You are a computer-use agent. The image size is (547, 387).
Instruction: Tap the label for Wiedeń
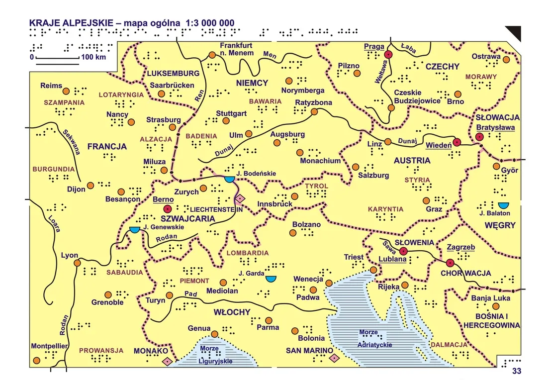[x=438, y=145]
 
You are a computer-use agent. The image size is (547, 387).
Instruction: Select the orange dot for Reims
[x=66, y=92]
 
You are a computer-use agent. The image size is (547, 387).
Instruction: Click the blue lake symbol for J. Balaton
[x=503, y=205]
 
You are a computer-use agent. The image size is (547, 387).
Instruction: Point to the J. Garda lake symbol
[x=271, y=279]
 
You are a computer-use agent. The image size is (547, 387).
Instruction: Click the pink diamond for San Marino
[x=334, y=358]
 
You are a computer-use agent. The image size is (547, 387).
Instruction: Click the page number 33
[x=516, y=371]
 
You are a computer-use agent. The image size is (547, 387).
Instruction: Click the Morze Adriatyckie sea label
[x=374, y=338]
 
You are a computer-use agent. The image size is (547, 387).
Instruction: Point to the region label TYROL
[x=317, y=186]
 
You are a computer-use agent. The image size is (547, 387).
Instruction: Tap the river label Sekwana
[x=72, y=141]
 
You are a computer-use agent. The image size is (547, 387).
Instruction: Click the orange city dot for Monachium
[x=299, y=152]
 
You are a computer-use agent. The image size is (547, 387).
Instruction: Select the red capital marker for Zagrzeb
[x=450, y=263]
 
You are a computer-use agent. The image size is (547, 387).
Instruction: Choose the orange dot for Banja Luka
[x=495, y=306]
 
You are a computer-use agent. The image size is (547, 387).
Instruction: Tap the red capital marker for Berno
[x=168, y=209]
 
